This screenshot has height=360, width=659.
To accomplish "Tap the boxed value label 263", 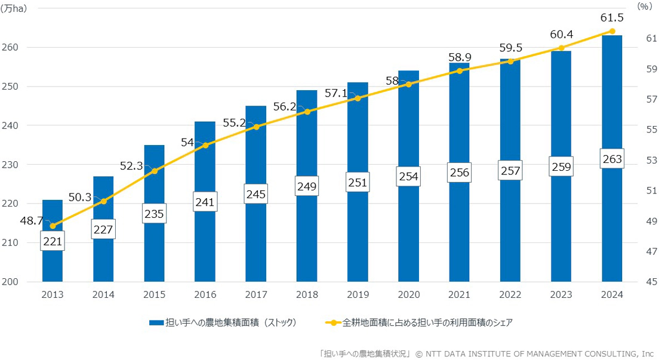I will [612, 159].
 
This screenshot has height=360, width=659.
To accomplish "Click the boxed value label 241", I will [205, 202].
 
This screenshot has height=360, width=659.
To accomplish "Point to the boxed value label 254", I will [409, 176].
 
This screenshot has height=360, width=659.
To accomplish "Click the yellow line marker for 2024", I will [612, 31].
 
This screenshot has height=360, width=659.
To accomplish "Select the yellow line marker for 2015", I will [155, 171].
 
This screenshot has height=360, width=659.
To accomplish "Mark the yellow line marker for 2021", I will [460, 70].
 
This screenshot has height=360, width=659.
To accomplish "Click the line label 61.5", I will [612, 18].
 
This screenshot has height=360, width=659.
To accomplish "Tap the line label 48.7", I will [31, 220].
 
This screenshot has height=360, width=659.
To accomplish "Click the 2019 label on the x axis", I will [358, 294].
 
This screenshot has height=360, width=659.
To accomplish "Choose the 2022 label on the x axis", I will [510, 294].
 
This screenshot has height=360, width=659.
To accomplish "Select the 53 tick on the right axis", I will [635, 160].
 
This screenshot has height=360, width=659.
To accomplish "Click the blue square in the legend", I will [156, 322].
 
